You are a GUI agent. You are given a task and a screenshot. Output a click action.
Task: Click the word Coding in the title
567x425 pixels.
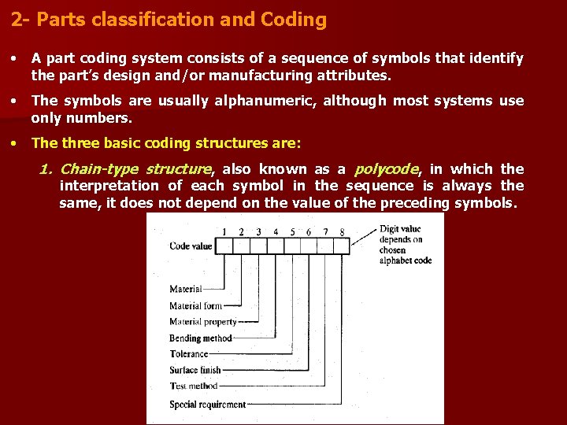tap(298, 20)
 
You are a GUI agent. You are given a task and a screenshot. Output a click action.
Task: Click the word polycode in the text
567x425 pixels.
tap(386, 169)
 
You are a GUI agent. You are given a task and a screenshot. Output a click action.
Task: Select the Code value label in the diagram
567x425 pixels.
tap(191, 246)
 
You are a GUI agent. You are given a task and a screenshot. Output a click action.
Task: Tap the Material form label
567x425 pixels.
tap(196, 306)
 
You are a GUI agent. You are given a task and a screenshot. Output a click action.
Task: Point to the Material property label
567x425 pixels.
tap(203, 322)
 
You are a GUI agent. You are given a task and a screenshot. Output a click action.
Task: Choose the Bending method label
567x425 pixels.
tap(201, 338)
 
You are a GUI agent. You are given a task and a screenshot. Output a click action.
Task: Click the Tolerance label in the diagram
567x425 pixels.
tap(189, 354)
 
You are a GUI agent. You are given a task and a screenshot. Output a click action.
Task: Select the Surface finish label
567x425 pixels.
tap(195, 370)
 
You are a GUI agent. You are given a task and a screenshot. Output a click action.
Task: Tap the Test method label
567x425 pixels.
tap(194, 386)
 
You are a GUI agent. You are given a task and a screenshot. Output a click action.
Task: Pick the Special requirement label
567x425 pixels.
tap(208, 405)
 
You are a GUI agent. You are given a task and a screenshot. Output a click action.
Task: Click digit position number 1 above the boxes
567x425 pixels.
tap(225, 231)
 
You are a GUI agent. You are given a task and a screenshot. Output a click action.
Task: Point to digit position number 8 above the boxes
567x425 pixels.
tap(342, 231)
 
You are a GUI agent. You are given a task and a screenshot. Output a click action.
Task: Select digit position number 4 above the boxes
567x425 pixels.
tap(276, 231)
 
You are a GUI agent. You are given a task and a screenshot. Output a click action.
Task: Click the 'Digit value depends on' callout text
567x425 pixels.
tap(402, 234)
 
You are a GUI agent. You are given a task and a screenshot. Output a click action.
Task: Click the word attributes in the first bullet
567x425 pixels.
tap(358, 76)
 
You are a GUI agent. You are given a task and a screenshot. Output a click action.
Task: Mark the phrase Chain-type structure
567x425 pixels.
tap(135, 169)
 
